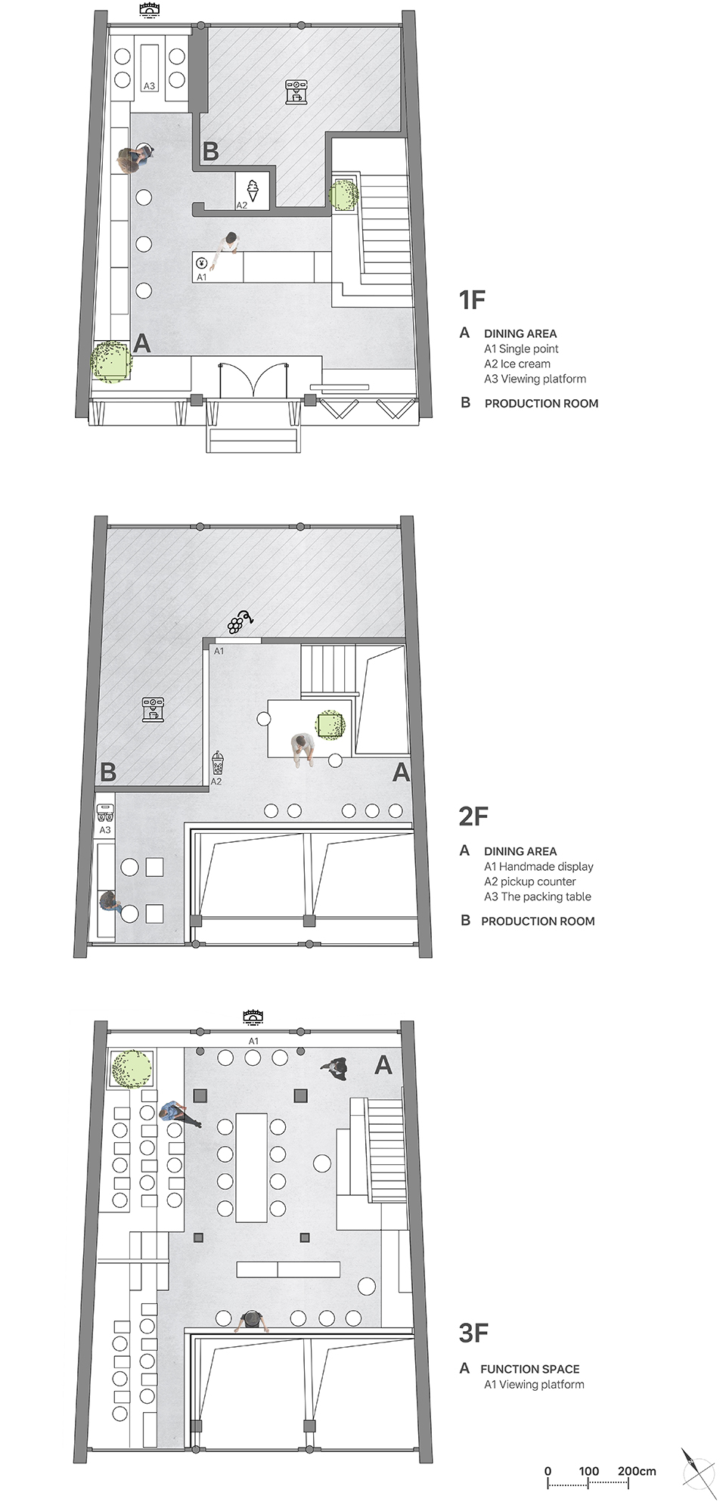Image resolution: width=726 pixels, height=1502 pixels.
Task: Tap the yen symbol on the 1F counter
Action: [x=201, y=263]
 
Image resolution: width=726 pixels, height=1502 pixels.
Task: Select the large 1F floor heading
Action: [x=472, y=300]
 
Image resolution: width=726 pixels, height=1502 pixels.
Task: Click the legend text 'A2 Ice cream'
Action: [x=517, y=364]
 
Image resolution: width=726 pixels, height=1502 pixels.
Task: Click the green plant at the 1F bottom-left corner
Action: [x=111, y=361]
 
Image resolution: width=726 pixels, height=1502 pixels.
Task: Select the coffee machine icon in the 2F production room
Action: [x=153, y=711]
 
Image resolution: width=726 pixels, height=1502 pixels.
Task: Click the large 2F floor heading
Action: [x=473, y=816]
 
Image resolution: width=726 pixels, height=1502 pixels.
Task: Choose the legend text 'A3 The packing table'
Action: [x=538, y=897]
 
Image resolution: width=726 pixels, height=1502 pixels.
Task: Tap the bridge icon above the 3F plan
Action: [x=253, y=1017]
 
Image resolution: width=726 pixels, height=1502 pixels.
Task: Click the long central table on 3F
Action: [x=251, y=1165]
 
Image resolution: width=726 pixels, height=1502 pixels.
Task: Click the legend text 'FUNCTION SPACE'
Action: [x=529, y=1369]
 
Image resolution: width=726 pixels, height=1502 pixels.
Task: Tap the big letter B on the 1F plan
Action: [x=211, y=151]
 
